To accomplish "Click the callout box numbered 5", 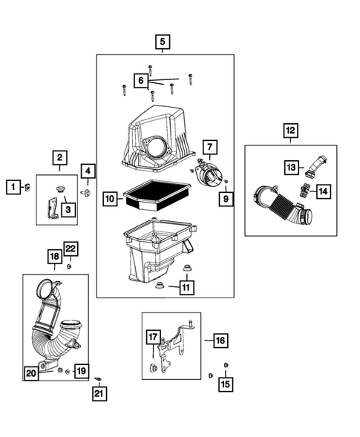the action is (163, 42).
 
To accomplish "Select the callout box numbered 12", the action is (290, 131).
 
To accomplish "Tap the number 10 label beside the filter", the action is (110, 199).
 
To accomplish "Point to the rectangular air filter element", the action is (157, 195).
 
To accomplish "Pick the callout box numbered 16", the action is (220, 341).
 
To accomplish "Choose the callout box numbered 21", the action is (99, 393).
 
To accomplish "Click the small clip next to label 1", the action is (27, 187).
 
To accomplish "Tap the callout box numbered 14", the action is (324, 191).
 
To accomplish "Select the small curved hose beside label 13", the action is (315, 166).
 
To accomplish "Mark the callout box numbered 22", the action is (71, 249).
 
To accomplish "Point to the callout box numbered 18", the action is (55, 256).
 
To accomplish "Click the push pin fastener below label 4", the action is (85, 192).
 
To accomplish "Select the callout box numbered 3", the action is (68, 209).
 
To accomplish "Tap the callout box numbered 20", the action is (31, 373).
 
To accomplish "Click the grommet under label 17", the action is (153, 367).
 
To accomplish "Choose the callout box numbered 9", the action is (226, 199).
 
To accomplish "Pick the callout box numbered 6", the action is (141, 81).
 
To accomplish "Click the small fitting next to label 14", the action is (304, 190).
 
